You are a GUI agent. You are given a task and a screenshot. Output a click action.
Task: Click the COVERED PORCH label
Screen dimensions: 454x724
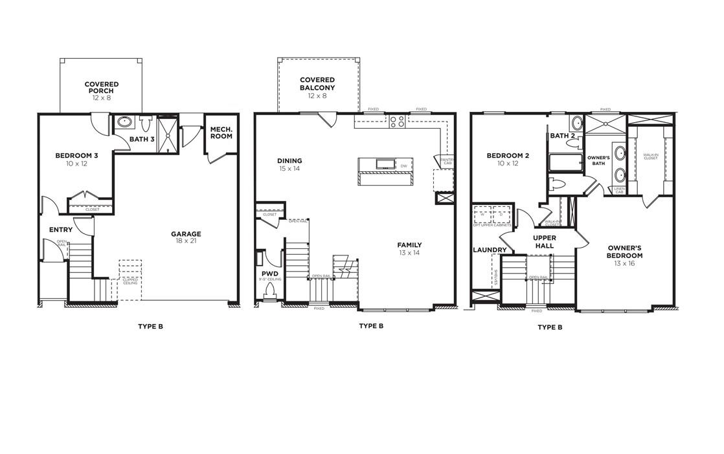pyautogui.click(x=101, y=87)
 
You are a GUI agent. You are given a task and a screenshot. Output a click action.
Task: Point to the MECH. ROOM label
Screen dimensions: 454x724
pyautogui.click(x=221, y=132)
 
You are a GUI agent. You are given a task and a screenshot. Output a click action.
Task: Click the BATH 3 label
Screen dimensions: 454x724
pyautogui.click(x=142, y=139)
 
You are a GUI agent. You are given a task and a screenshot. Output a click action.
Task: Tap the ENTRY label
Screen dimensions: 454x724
pyautogui.click(x=60, y=230)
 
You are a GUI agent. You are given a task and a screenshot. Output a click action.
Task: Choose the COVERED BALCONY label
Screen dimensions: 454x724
pyautogui.click(x=317, y=83)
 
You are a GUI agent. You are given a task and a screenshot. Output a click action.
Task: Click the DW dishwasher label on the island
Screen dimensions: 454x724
pyautogui.click(x=403, y=167)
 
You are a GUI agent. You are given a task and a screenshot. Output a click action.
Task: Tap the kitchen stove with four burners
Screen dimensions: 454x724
pyautogui.click(x=397, y=121)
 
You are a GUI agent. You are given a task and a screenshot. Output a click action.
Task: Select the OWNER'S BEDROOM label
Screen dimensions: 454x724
pyautogui.click(x=624, y=252)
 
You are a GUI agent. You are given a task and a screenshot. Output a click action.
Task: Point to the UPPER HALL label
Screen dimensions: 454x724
pyautogui.click(x=545, y=242)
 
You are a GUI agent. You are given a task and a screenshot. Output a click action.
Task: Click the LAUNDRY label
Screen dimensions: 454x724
pyautogui.click(x=490, y=250)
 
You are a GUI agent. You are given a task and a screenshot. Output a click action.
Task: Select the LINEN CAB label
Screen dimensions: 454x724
pyautogui.click(x=619, y=191)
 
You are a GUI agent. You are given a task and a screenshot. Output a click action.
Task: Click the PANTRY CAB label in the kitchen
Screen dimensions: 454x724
pyautogui.click(x=446, y=160)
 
